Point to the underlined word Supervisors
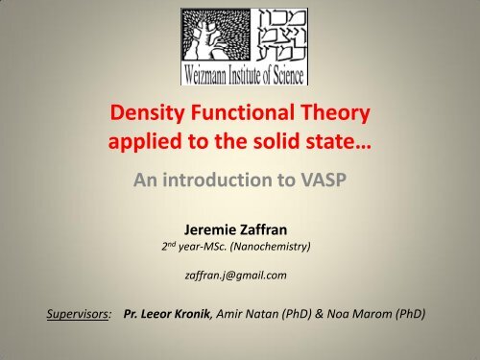pyautogui.click(x=60, y=313)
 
